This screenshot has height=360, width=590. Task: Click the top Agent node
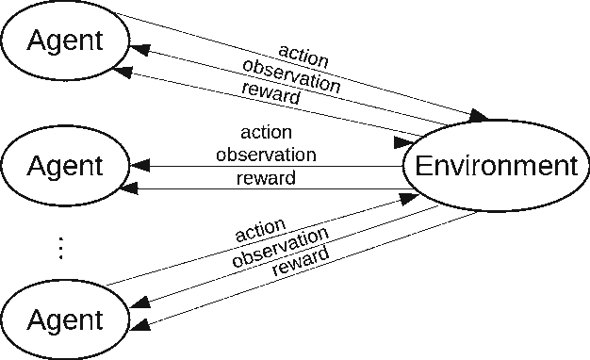click(x=64, y=41)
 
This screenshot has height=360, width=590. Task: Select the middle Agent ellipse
click(x=64, y=167)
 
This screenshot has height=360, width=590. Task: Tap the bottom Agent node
click(x=64, y=320)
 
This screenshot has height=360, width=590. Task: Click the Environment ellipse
click(x=495, y=167)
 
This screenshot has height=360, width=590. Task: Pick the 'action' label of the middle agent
click(x=266, y=132)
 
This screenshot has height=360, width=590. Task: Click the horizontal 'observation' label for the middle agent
click(x=266, y=155)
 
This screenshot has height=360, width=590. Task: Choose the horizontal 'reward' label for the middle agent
click(x=266, y=177)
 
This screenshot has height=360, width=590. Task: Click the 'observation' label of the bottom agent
click(x=280, y=247)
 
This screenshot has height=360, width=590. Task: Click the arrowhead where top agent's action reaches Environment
click(x=478, y=116)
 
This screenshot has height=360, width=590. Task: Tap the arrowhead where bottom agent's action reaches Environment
click(x=410, y=197)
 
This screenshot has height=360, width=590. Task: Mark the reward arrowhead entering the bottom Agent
click(x=137, y=325)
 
